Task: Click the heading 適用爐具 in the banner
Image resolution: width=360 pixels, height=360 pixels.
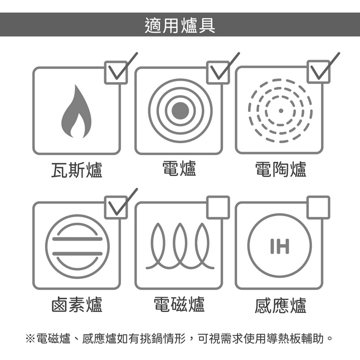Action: coord(180,25)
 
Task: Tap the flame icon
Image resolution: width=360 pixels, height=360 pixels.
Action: coord(76,111)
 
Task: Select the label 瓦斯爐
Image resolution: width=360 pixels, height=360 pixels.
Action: coord(77,170)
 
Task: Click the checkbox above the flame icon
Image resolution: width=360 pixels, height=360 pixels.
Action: coord(116,72)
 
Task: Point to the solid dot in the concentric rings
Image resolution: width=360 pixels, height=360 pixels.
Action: coord(180,111)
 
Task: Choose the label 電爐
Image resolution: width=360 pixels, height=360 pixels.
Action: coord(180,168)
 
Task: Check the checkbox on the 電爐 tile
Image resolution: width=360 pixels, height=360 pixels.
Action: coord(218,72)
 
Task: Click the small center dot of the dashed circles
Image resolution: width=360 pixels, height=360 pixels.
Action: coord(281,111)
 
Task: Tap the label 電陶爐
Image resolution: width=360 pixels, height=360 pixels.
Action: coord(281,169)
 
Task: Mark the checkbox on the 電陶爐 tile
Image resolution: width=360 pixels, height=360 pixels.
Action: coord(319,72)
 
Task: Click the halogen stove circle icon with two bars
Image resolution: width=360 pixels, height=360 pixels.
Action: coord(77,247)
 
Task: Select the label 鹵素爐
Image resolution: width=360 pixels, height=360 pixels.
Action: coord(77,305)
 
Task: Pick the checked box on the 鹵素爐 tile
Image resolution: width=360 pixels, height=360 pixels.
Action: coord(116,207)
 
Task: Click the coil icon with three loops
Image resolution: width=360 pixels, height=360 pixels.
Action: coord(180,246)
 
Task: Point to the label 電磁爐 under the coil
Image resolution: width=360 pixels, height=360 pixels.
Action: coord(179,304)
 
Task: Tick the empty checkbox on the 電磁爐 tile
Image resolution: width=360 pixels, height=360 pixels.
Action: coord(218,207)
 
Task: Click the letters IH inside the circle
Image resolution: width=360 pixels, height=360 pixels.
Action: coord(280,246)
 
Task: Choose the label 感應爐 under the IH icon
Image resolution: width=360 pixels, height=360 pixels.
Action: coord(281,305)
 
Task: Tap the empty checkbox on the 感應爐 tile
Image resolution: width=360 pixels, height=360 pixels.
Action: coord(319,207)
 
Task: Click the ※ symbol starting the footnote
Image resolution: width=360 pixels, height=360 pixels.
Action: coord(30,338)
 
